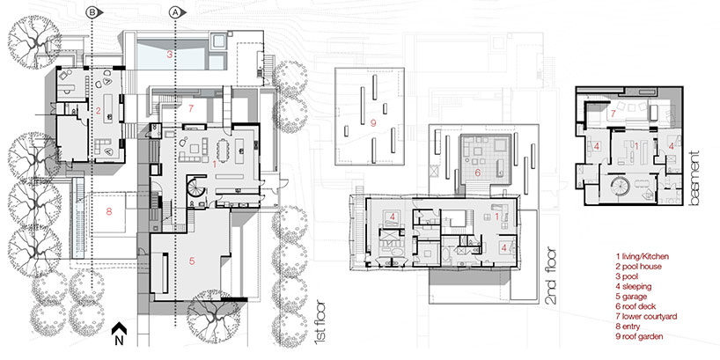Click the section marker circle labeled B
pyautogui.click(x=92, y=13)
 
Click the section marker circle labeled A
pyautogui.click(x=175, y=13)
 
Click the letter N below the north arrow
pyautogui.click(x=119, y=341)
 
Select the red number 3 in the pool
pyautogui.click(x=169, y=55)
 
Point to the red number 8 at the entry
pyautogui.click(x=109, y=211)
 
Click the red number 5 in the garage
pyautogui.click(x=192, y=261)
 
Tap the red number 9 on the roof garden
pyautogui.click(x=373, y=122)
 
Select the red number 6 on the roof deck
pyautogui.click(x=477, y=173)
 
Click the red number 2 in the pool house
pyautogui.click(x=98, y=110)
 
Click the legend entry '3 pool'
pyautogui.click(x=628, y=276)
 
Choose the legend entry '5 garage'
pyautogui.click(x=631, y=297)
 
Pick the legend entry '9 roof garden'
pyautogui.click(x=640, y=337)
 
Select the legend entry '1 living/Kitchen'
pyautogui.click(x=642, y=256)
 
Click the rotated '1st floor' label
pyautogui.click(x=320, y=323)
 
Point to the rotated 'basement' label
pyautogui.click(x=693, y=178)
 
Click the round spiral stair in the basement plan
pyautogui.click(x=620, y=187)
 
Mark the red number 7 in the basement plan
pyautogui.click(x=613, y=113)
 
